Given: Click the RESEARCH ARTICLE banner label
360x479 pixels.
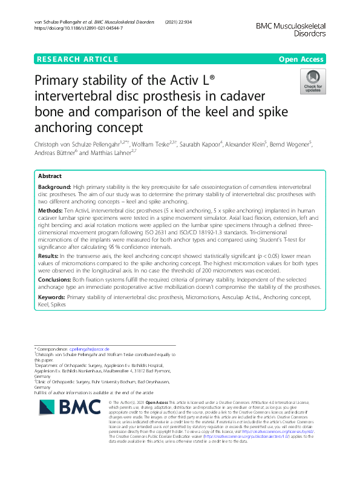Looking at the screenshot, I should [77, 59].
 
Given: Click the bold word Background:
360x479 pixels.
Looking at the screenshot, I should [54, 188].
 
